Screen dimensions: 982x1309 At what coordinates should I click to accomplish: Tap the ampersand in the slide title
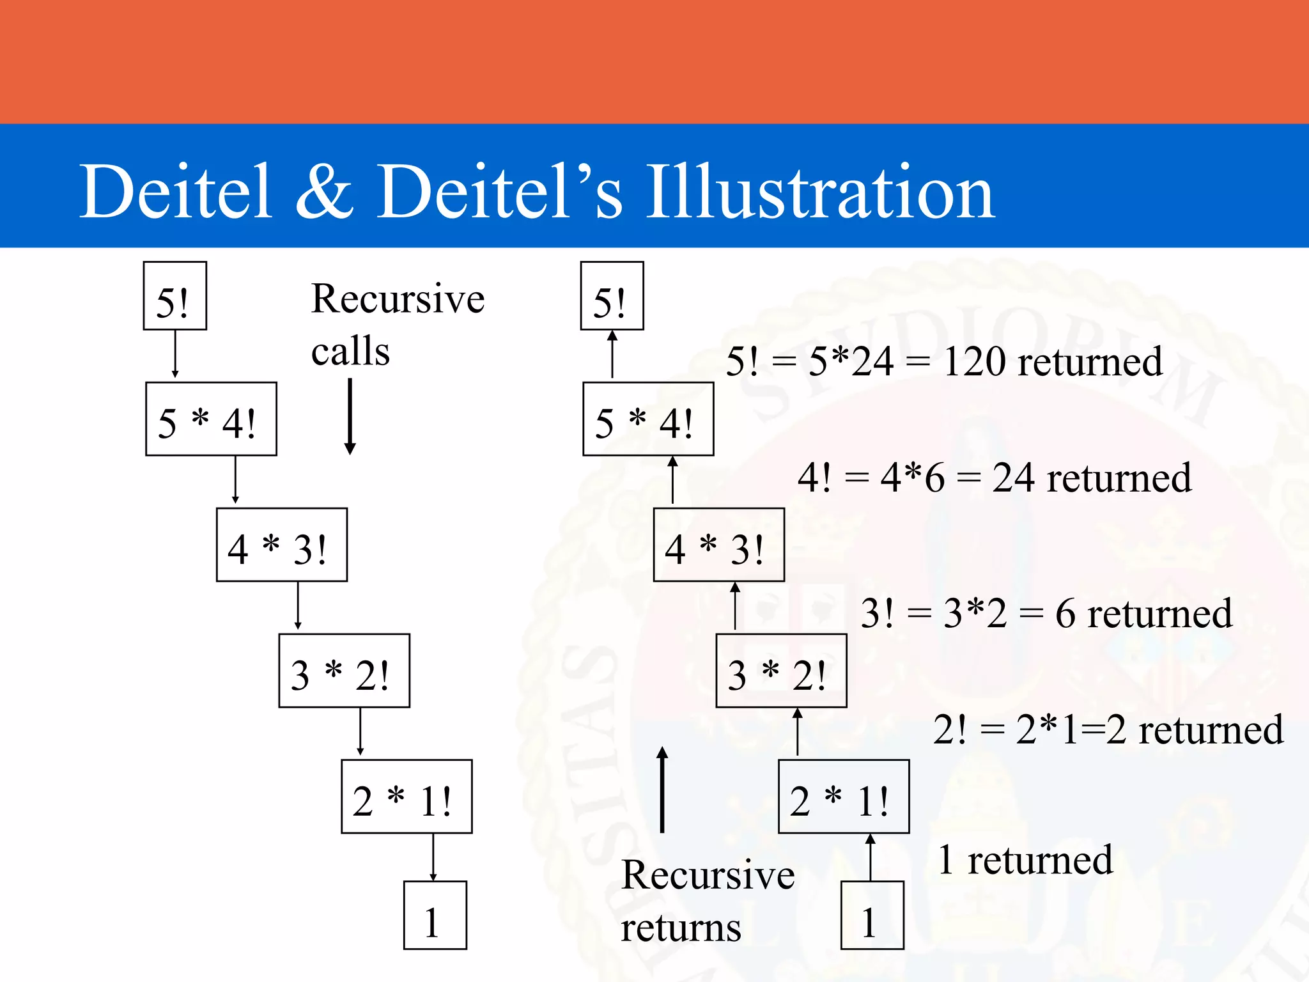(x=324, y=192)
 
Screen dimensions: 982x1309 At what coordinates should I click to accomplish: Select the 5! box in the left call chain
(x=174, y=296)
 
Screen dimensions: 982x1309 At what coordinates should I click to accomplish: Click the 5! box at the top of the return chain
(x=612, y=296)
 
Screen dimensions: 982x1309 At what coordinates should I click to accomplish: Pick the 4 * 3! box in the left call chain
(x=281, y=545)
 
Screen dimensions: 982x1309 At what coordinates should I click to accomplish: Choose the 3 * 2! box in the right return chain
(x=781, y=671)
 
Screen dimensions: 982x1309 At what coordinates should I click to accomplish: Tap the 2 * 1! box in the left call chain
(x=407, y=797)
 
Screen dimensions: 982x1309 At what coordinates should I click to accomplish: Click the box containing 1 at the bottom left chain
(x=435, y=916)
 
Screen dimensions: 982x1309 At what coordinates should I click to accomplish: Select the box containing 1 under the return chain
(x=872, y=916)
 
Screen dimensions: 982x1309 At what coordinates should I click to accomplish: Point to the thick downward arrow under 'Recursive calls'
(x=350, y=416)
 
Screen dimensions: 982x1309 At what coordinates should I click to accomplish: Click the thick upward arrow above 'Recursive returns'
(x=662, y=790)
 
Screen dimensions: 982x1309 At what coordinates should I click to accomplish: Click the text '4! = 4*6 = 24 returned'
(x=994, y=478)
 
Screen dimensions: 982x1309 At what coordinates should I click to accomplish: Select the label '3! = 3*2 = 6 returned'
(x=1046, y=613)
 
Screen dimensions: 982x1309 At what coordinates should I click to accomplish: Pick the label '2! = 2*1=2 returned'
(x=1108, y=729)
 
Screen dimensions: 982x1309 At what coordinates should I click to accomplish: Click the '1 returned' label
(x=1025, y=860)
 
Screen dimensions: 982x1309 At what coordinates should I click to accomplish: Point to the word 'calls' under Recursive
(x=350, y=352)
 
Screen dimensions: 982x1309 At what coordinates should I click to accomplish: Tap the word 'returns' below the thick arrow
(x=681, y=928)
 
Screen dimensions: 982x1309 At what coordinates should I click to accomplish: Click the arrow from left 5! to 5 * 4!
(x=175, y=354)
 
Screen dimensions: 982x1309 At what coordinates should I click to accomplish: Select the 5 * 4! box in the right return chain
(x=648, y=419)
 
